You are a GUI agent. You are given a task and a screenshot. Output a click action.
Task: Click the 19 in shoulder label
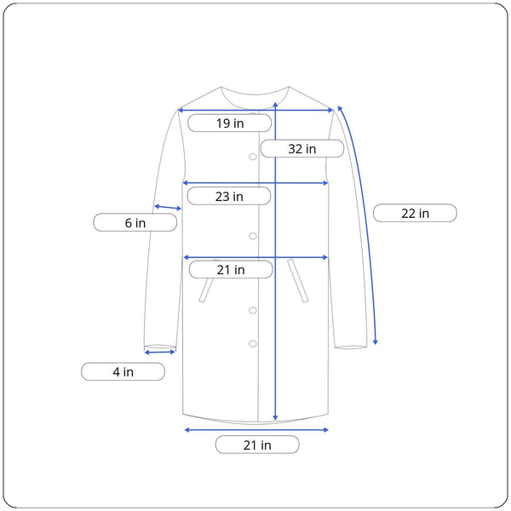pos(229,123)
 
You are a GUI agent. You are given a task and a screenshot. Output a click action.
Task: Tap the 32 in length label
pos(302,148)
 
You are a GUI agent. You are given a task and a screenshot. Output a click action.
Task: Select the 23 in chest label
pos(229,196)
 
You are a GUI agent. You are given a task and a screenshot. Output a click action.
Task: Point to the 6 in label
pos(135,222)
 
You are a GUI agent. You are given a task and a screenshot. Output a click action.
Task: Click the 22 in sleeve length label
pos(415,213)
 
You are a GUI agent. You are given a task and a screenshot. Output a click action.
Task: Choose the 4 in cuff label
pos(123,371)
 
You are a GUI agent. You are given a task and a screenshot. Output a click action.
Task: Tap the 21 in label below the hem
pos(257,445)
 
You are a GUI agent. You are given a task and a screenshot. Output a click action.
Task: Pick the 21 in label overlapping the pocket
pos(231,269)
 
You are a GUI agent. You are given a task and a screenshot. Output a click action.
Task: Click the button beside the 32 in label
pos(253,157)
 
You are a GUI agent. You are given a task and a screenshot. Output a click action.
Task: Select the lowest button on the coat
pos(253,343)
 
